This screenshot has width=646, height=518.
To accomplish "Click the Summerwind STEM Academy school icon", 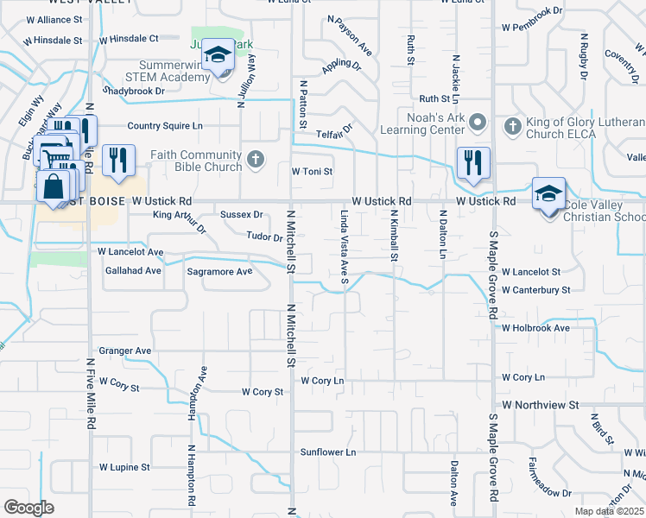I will click(218, 58).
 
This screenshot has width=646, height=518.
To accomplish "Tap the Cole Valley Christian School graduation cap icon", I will click(548, 195).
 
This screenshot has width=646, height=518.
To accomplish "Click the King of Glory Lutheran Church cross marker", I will click(512, 127).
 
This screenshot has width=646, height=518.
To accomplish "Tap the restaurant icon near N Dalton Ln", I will click(473, 162).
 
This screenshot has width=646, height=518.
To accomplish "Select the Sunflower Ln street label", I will click(328, 452).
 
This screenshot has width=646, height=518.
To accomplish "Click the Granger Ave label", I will click(125, 351).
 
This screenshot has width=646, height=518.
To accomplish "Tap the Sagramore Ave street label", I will click(219, 271).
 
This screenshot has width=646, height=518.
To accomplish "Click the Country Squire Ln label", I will click(165, 126).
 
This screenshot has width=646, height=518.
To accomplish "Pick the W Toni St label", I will click(312, 172).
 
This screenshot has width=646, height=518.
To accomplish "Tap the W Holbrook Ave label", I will click(535, 328).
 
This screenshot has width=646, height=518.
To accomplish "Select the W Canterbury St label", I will click(535, 290).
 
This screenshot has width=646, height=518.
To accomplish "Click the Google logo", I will click(28, 508).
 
